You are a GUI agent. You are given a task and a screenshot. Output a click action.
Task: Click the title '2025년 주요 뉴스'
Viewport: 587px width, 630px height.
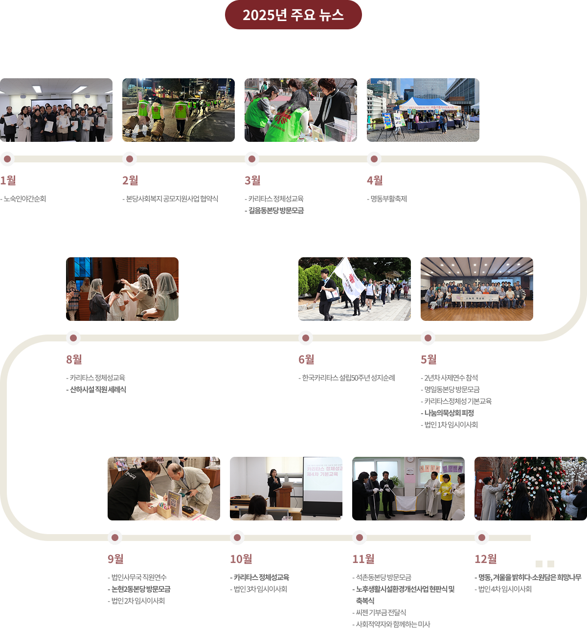(x=293, y=15)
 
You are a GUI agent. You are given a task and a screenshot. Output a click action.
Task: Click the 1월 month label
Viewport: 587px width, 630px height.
(x=8, y=180)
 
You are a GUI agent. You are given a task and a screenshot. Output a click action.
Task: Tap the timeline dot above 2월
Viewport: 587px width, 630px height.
(x=129, y=159)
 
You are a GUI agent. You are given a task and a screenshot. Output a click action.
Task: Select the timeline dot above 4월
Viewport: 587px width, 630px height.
(x=374, y=159)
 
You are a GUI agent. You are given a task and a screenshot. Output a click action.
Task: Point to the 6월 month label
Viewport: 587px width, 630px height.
(x=306, y=360)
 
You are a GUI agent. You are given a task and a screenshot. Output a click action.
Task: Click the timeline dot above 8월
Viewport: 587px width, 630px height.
(x=73, y=338)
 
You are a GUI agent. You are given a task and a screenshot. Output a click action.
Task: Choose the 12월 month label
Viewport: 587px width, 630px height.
(x=485, y=559)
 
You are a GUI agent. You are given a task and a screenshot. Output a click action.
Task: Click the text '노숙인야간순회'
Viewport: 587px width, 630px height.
(x=24, y=199)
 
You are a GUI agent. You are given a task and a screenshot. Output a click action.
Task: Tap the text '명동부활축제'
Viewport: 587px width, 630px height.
(x=388, y=199)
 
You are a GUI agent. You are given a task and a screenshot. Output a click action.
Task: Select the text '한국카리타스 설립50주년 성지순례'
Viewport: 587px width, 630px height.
(x=348, y=378)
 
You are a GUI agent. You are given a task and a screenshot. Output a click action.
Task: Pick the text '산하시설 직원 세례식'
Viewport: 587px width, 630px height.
(x=98, y=390)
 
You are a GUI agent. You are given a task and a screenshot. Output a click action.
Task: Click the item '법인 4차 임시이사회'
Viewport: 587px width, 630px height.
(x=504, y=589)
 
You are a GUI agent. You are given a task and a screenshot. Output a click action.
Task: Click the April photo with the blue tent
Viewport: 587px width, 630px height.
(x=423, y=110)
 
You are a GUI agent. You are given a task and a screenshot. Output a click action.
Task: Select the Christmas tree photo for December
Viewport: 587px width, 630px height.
(x=530, y=489)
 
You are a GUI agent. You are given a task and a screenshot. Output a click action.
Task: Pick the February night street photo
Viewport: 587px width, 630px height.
(x=178, y=110)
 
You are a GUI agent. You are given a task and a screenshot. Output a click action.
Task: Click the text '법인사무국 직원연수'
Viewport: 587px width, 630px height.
(x=139, y=578)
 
